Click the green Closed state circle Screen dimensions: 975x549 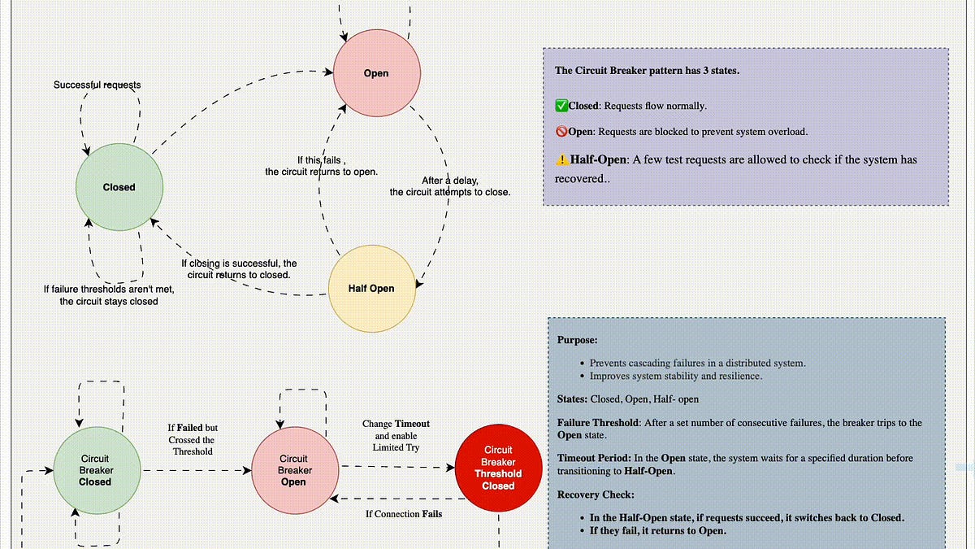pos(119,187)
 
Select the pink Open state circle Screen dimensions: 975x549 pos(377,72)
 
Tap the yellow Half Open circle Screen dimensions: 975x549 pos(372,289)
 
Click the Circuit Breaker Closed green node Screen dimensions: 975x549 pos(97,470)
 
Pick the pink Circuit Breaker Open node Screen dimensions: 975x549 pos(295,470)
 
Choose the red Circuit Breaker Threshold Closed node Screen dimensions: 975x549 pos(498,468)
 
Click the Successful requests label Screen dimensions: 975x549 pos(97,85)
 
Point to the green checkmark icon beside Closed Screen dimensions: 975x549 pos(561,106)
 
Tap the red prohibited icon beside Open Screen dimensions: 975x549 pos(561,131)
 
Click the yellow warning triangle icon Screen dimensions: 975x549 pos(562,160)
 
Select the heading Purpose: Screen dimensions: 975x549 pos(577,340)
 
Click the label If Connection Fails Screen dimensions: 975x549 pos(404,514)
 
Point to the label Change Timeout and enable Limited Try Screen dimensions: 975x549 pos(396,436)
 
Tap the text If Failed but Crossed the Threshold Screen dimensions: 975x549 pos(193,440)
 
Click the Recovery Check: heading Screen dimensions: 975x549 pos(596,495)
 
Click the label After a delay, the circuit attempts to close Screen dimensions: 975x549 pos(449,186)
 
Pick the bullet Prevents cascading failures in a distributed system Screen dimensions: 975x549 pos(697,363)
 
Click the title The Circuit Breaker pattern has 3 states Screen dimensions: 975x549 pos(647,71)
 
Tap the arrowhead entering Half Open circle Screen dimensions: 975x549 pos(418,284)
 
